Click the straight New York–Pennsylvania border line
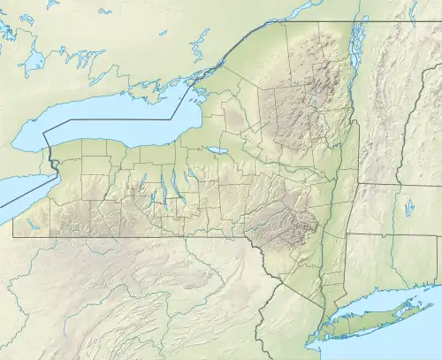click(133, 236)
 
